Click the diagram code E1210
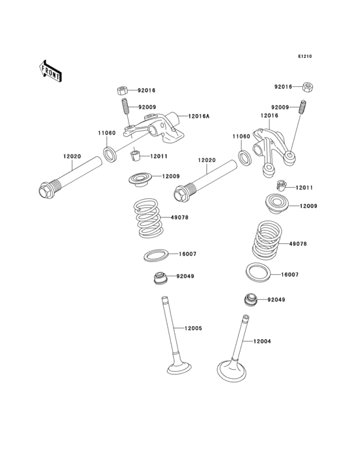[304, 57]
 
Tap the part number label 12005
[194, 328]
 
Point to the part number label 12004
[262, 341]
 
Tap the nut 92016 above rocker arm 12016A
[122, 91]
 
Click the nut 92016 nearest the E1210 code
[308, 86]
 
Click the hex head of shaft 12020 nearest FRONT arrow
[46, 191]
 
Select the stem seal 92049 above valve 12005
[158, 279]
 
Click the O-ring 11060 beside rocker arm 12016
[245, 156]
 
